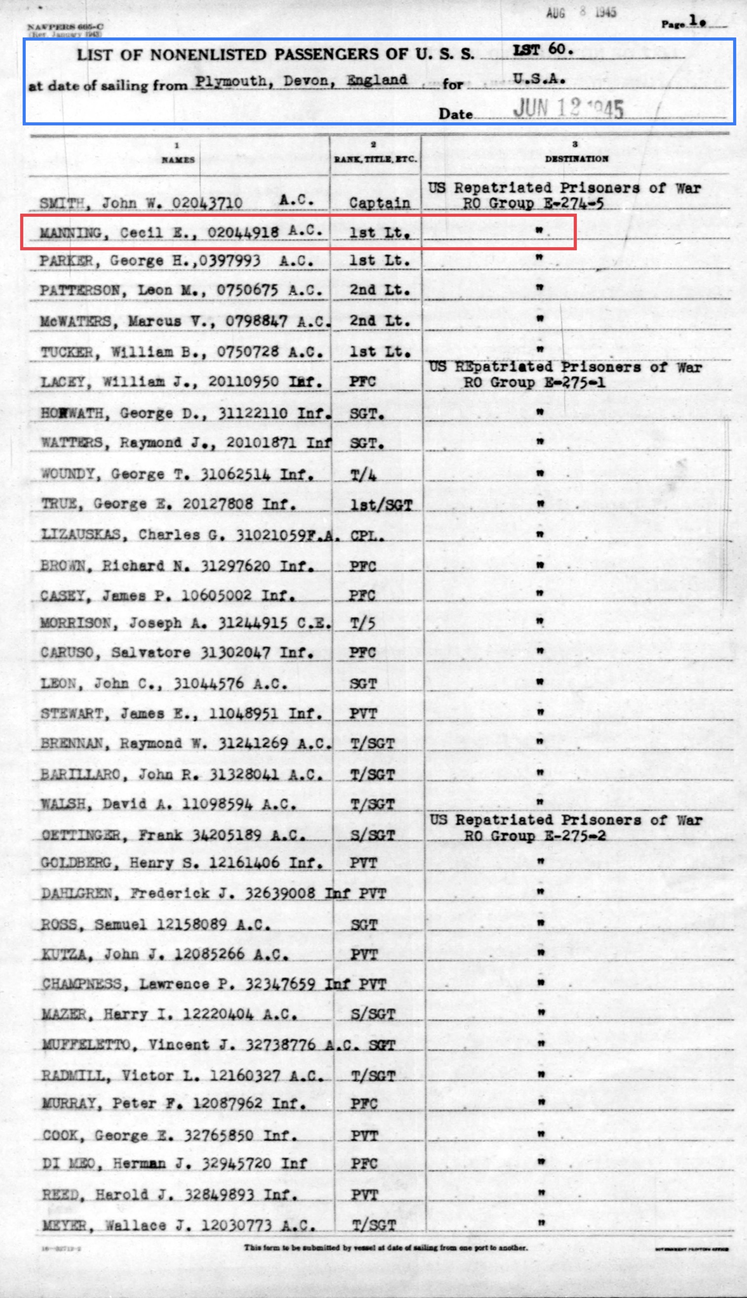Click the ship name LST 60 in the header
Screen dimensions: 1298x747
click(542, 49)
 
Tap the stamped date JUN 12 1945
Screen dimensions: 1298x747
click(568, 108)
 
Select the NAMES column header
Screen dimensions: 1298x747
click(178, 159)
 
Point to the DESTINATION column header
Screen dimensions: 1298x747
click(576, 158)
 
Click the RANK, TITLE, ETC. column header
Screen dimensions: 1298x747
click(375, 159)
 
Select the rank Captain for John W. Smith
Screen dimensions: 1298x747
click(379, 203)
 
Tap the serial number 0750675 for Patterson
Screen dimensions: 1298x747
click(247, 290)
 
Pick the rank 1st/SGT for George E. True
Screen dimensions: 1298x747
click(381, 505)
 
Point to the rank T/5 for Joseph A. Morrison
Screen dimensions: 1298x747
click(363, 623)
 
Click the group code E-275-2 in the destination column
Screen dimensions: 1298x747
click(575, 836)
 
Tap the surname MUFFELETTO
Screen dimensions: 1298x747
click(86, 1044)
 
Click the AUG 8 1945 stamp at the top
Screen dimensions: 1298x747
click(581, 12)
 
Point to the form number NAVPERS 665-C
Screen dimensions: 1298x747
click(65, 27)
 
